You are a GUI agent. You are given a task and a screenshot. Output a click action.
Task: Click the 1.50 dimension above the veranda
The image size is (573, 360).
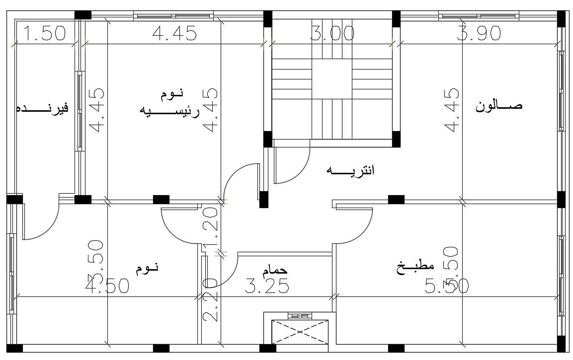click(45, 34)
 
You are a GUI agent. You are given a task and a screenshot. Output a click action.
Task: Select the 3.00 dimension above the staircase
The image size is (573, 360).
click(332, 34)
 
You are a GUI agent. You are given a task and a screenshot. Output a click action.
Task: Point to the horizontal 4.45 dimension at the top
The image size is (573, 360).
click(174, 34)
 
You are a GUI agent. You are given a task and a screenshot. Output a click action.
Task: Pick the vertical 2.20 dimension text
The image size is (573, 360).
click(211, 300)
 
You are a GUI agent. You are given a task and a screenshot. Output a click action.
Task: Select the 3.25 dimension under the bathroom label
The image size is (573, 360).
click(267, 287)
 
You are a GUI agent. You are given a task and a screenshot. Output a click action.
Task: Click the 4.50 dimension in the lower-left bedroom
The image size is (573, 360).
click(107, 287)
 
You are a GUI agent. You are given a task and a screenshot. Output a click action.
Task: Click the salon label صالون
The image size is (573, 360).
click(499, 106)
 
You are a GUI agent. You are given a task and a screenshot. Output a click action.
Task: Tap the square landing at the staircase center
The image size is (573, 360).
click(332, 79)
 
